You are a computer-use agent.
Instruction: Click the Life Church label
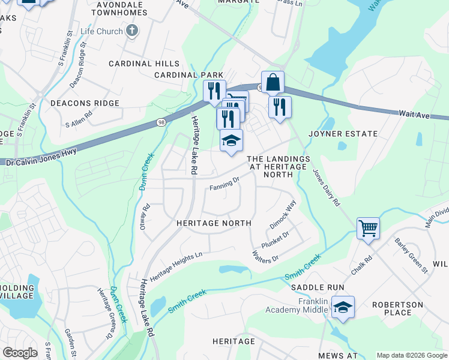tap(102, 31)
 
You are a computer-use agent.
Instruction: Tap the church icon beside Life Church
tap(133, 31)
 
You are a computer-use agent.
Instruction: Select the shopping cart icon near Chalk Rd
tap(367, 228)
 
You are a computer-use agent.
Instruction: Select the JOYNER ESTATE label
tap(343, 134)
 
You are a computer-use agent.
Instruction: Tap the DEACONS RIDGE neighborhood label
tap(85, 103)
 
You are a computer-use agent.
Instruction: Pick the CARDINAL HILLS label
tap(144, 64)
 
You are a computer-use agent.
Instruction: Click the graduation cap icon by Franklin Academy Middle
tap(343, 307)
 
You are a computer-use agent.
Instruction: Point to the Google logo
tap(20, 353)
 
